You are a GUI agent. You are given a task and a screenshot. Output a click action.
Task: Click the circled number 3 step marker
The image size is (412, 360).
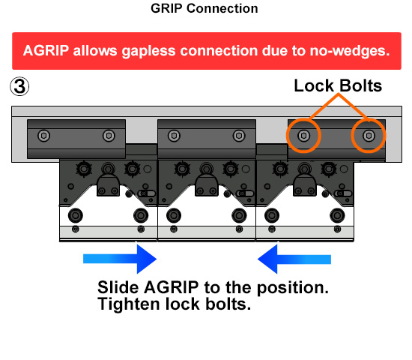click(x=19, y=86)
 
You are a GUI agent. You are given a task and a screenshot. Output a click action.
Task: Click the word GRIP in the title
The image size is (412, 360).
click(x=166, y=8)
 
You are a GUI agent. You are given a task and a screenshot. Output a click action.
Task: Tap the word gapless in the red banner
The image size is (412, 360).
click(x=148, y=51)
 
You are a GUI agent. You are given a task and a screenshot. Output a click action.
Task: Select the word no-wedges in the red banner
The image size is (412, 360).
click(x=350, y=51)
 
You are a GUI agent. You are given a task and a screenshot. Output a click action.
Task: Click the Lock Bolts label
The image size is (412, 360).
click(x=338, y=85)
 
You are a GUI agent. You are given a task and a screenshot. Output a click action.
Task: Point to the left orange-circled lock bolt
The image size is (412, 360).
click(x=303, y=136)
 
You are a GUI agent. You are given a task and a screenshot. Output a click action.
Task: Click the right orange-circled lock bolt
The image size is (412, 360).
click(x=369, y=136)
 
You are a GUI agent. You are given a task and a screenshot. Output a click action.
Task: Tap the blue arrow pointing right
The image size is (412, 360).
click(x=120, y=259)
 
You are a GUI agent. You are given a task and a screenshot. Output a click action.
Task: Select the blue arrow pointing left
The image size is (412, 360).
click(x=294, y=259)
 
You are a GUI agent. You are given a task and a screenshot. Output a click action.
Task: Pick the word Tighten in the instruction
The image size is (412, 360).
click(x=129, y=304)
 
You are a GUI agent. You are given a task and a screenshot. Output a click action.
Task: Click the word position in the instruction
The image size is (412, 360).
click(x=293, y=288)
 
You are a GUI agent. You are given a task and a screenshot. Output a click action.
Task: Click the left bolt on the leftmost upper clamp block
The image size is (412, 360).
click(x=43, y=136)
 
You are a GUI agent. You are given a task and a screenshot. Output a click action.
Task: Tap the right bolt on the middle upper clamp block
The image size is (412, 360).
click(x=239, y=136)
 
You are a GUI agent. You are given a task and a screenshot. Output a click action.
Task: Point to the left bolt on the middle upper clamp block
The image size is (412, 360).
click(x=174, y=136)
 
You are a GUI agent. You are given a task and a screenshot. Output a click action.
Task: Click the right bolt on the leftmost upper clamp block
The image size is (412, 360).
click(x=109, y=136)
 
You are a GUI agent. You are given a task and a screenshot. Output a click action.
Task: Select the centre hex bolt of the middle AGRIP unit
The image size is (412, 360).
click(x=206, y=169)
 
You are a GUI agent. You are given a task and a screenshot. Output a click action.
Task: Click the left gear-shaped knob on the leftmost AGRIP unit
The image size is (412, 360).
click(x=84, y=169)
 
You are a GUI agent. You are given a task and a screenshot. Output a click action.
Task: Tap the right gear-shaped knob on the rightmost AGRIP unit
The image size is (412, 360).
click(x=329, y=169)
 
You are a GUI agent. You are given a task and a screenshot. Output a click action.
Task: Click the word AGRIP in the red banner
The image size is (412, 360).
click(x=46, y=50)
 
